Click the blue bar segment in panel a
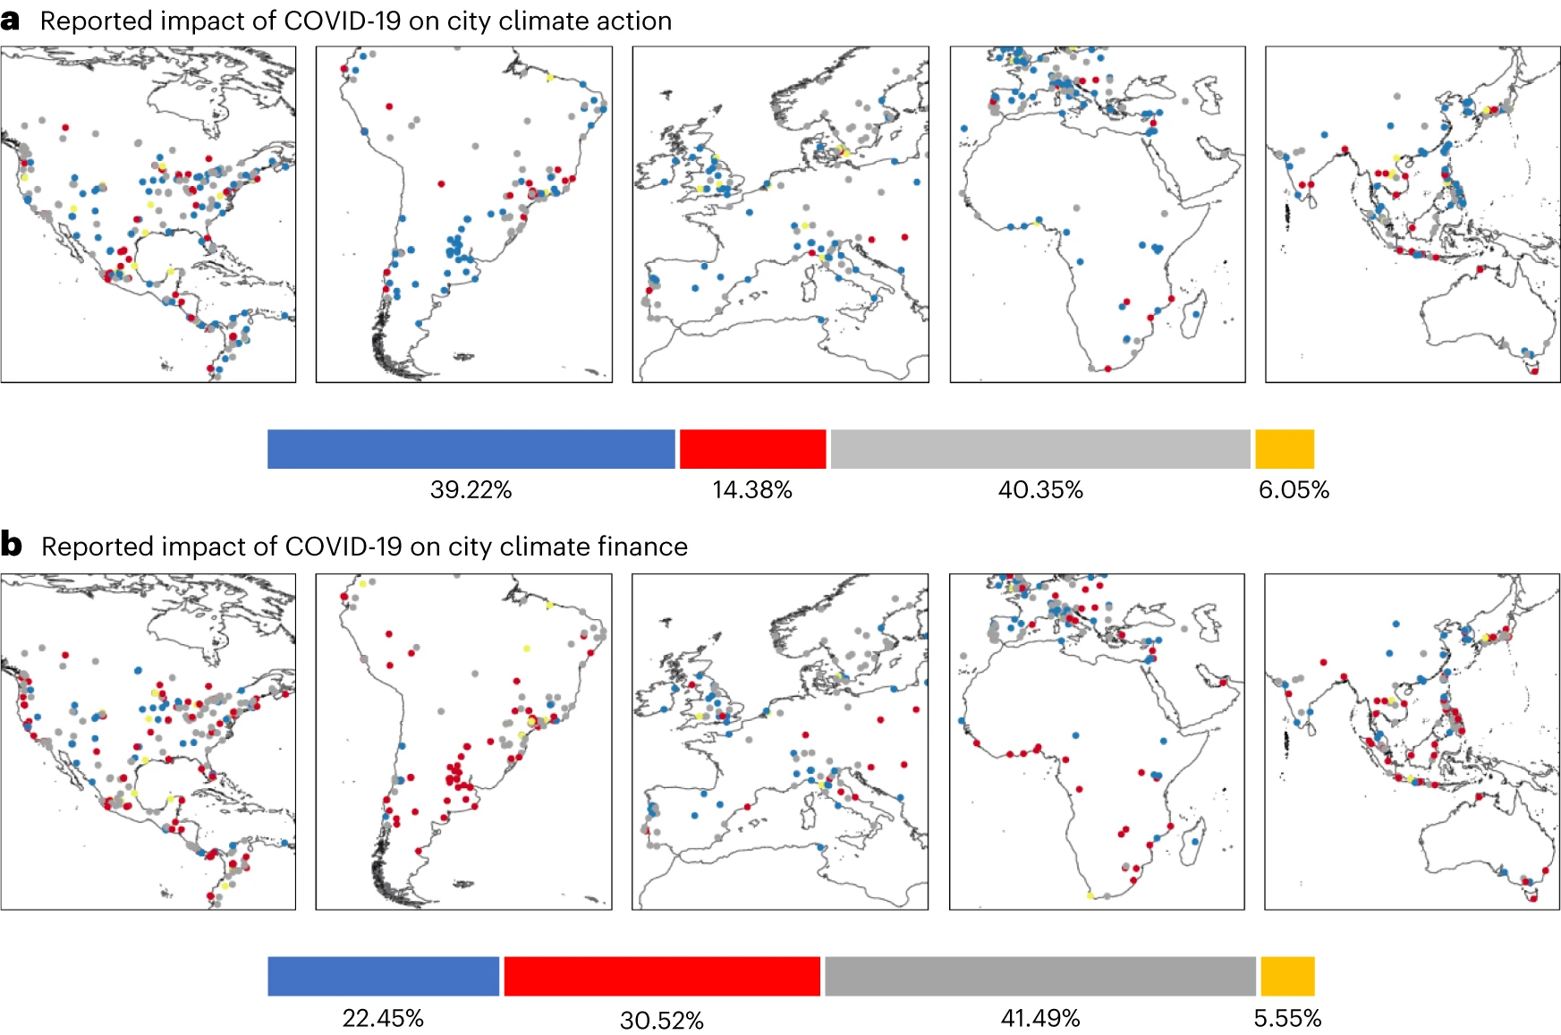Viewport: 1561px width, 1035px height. (471, 449)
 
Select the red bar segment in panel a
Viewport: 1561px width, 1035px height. (752, 449)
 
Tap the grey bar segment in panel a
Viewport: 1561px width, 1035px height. (1039, 449)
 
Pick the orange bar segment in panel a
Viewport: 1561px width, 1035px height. (1285, 449)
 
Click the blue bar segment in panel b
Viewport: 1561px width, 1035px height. (383, 976)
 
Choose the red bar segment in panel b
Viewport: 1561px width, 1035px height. (662, 976)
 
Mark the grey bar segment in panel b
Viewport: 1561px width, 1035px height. (1039, 976)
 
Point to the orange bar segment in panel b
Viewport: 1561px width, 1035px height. (1287, 976)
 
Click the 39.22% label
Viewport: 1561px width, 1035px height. (471, 490)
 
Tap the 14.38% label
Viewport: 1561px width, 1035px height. (752, 490)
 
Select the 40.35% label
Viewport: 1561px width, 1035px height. (1040, 490)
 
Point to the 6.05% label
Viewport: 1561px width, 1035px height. (1294, 490)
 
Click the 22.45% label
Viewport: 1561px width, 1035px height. (383, 1018)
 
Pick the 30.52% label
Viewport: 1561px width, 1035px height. (662, 1020)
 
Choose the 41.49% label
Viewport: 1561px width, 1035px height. (1040, 1018)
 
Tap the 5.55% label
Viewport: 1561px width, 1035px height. (1287, 1018)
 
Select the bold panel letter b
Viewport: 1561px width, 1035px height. (12, 544)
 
